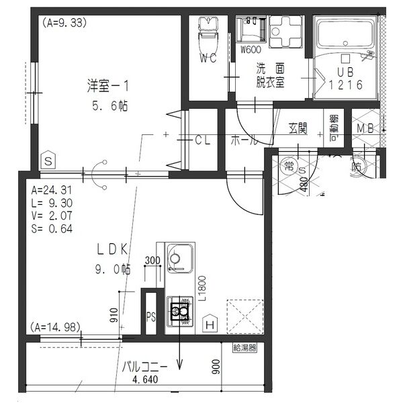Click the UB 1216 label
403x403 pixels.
(x=346, y=78)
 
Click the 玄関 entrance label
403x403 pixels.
(x=298, y=128)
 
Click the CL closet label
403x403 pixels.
(x=203, y=140)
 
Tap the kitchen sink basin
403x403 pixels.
(x=178, y=256)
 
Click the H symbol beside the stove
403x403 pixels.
(x=210, y=323)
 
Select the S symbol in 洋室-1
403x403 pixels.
(x=48, y=161)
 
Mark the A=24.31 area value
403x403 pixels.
(x=48, y=189)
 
